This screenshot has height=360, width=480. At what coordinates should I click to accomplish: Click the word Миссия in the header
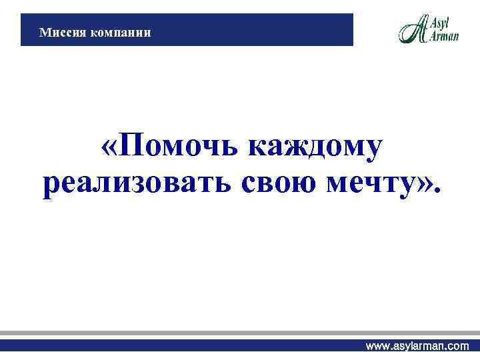[59, 31]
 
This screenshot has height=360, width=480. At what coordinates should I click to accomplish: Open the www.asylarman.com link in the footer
[417, 347]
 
